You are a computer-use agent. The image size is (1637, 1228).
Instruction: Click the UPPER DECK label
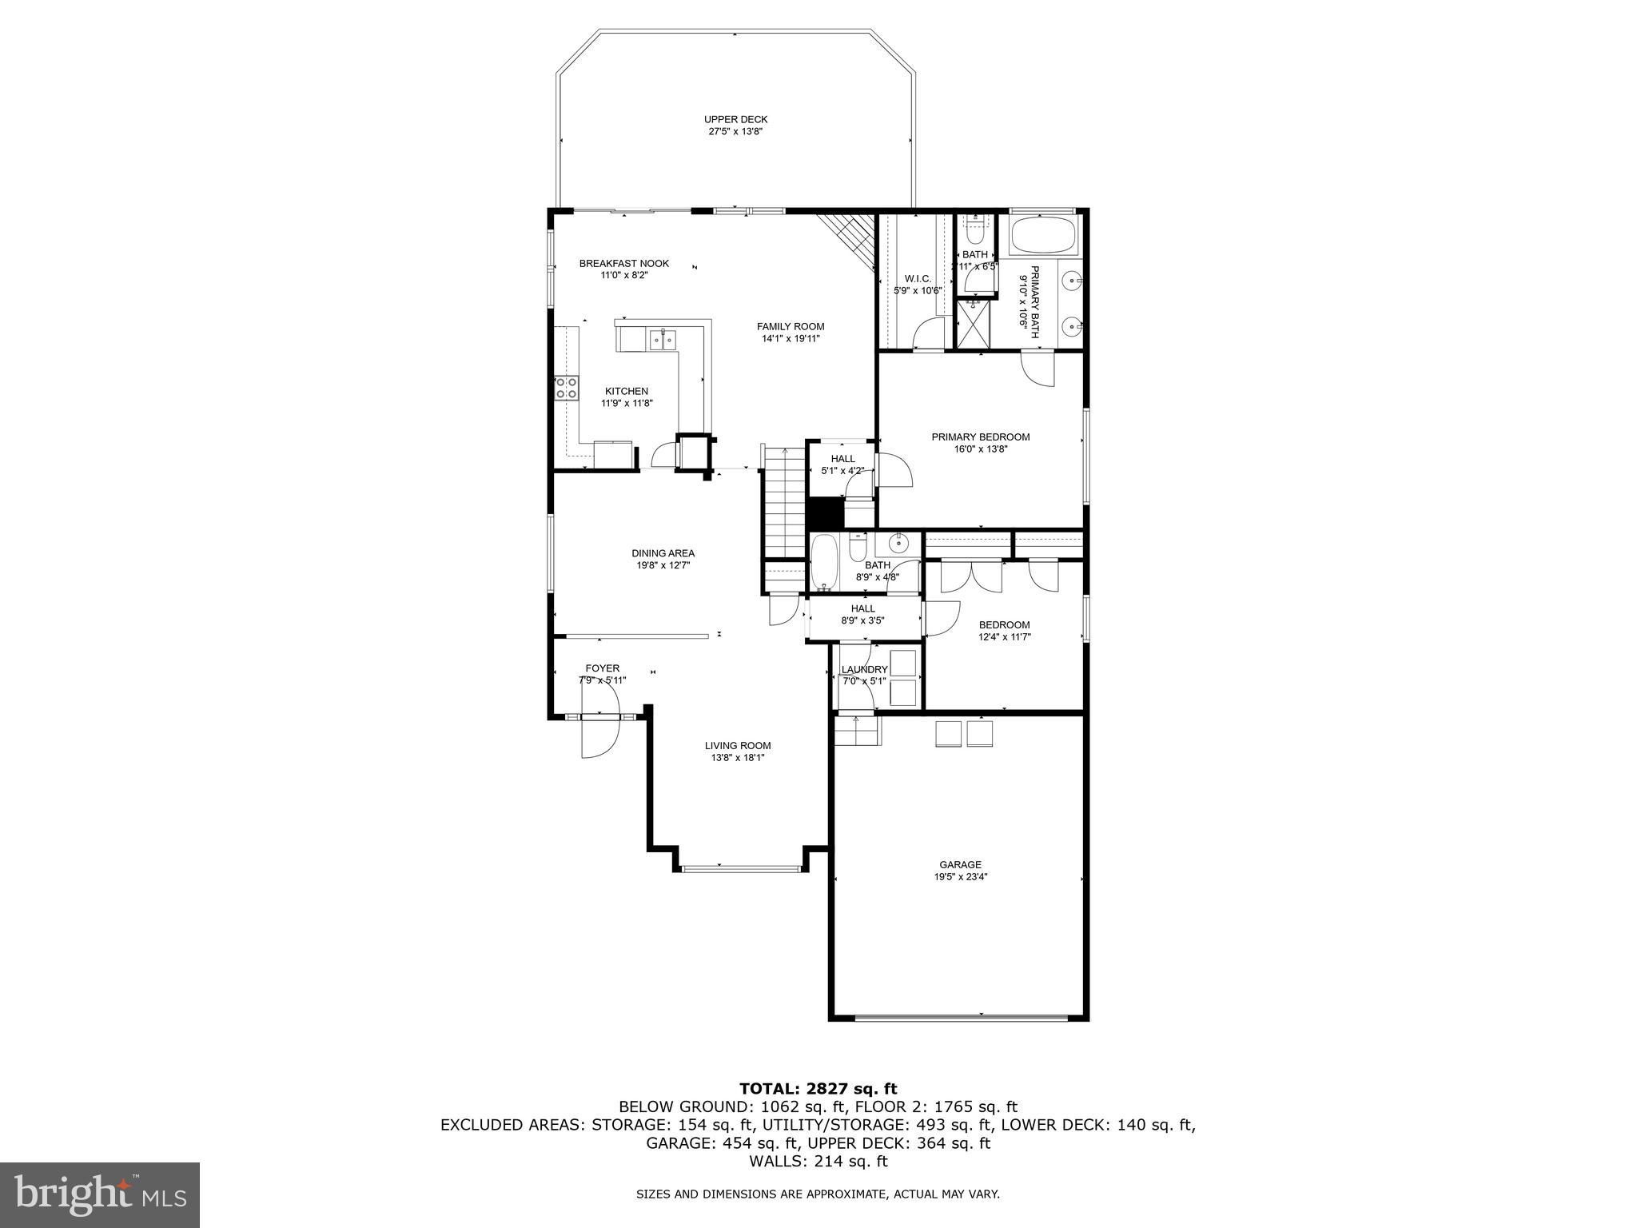[735, 120]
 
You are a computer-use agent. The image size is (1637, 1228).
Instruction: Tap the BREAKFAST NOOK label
[624, 264]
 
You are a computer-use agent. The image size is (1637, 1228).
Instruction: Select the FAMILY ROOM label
[791, 326]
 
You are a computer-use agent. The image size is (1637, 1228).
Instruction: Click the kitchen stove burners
[567, 389]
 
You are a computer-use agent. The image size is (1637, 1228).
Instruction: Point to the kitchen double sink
[663, 341]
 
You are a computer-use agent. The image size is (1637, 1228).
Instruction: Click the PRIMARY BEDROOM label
[981, 437]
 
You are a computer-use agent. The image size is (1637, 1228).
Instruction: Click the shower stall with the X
[974, 325]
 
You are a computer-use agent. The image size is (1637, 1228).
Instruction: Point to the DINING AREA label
[663, 553]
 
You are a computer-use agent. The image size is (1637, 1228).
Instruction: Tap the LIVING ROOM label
[738, 746]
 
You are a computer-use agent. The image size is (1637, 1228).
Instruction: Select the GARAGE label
[960, 864]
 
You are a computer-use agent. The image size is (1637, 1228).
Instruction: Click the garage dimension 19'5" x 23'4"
[960, 876]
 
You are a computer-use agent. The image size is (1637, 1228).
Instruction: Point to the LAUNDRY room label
[865, 670]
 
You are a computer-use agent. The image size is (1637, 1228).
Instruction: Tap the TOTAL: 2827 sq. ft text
[818, 1089]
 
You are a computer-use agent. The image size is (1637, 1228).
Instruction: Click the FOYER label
[603, 668]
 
